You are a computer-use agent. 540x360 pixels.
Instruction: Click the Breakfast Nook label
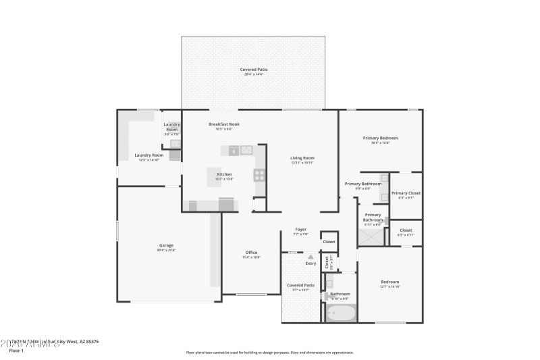coord(224,124)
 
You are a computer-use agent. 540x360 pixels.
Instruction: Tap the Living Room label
coord(302,158)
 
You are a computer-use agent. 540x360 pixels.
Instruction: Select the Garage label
coord(166,245)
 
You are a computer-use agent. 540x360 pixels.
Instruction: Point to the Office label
coord(251,253)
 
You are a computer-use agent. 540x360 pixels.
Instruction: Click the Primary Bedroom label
coord(380,138)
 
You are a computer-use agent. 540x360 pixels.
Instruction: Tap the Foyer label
coord(301,230)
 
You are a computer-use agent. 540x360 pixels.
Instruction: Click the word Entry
coord(310,263)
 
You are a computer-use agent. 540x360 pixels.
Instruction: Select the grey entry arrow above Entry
coord(310,257)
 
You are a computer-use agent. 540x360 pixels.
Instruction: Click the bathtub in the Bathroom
coord(340,312)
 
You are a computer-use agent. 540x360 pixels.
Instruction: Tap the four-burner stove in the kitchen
coord(259,175)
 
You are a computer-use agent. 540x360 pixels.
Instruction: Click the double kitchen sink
coord(246,149)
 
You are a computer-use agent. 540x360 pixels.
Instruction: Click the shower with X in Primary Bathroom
coord(370,236)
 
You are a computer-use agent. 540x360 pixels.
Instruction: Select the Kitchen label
coord(224,174)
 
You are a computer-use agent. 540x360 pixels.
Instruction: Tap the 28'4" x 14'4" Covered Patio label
coord(253,70)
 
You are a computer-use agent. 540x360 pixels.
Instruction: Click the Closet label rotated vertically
coord(327,263)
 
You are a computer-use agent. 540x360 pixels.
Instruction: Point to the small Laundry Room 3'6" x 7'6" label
coord(172,127)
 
